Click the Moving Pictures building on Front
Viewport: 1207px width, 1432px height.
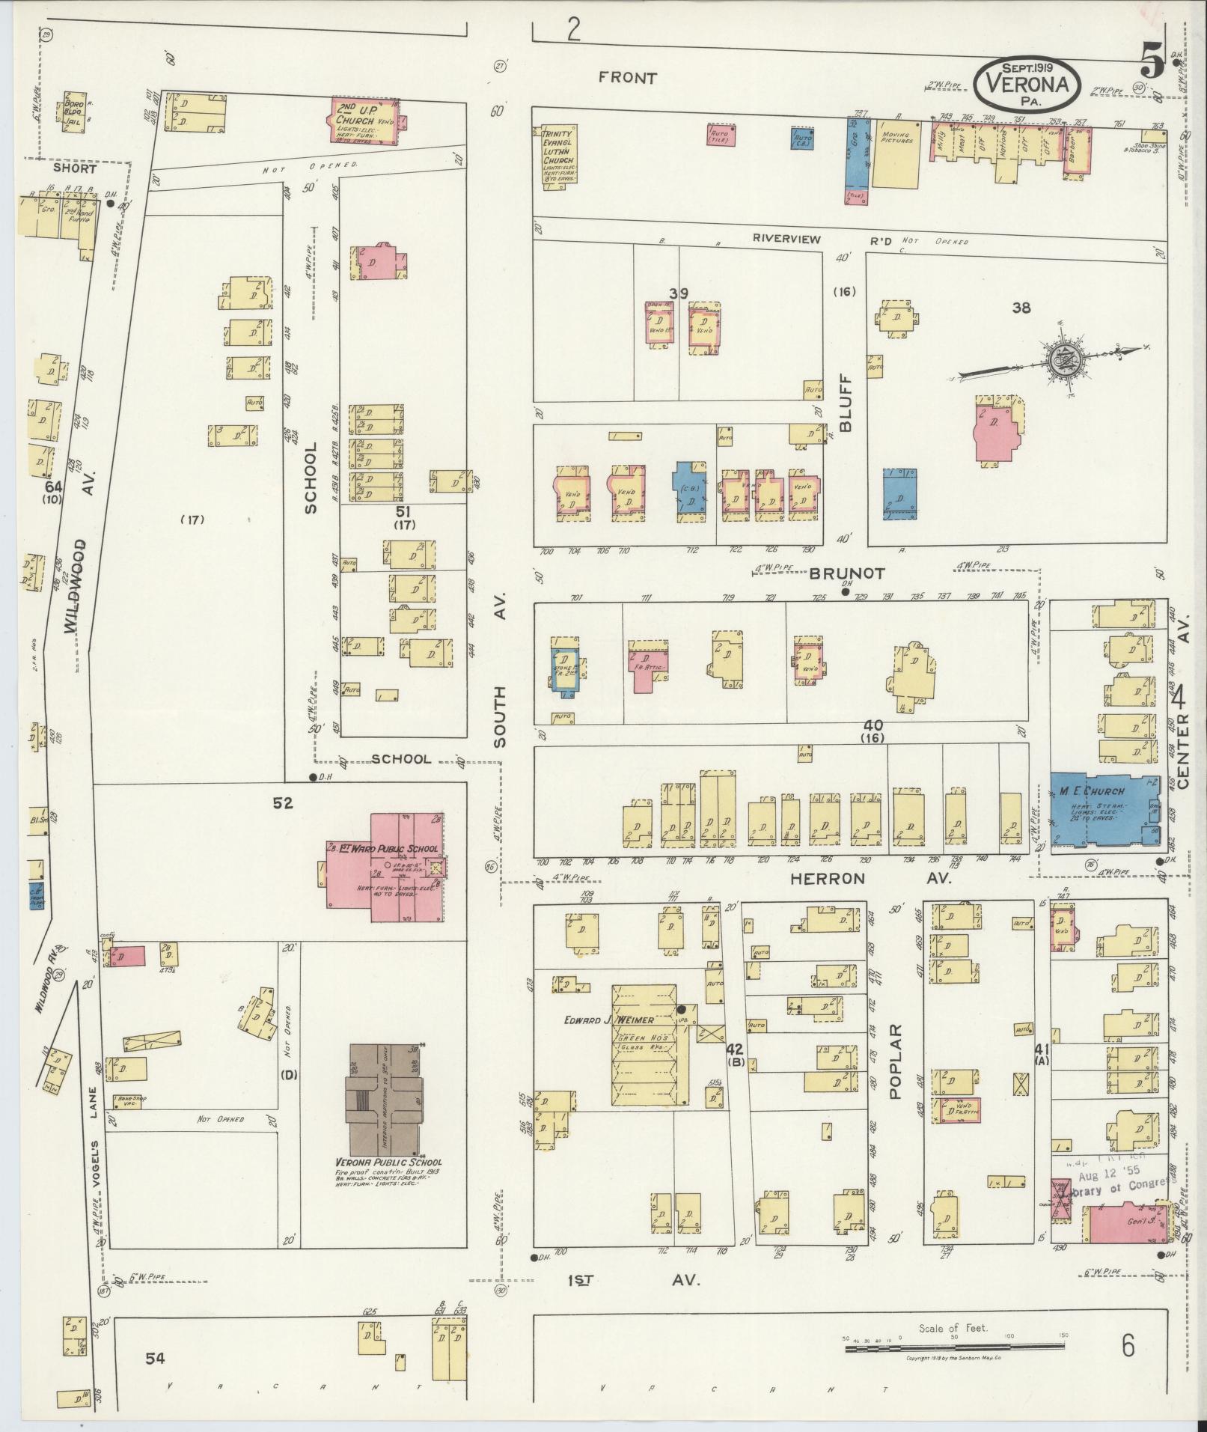click(897, 156)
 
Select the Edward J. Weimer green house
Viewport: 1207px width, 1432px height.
click(644, 1046)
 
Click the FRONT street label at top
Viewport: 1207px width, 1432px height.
click(628, 78)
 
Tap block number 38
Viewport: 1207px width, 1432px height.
click(1021, 306)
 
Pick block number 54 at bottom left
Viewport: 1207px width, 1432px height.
click(155, 1358)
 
